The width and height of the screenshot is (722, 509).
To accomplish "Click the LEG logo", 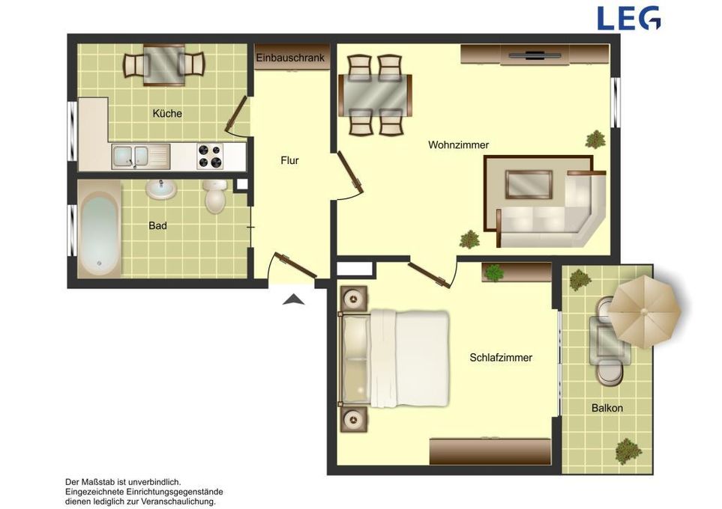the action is pos(629,18).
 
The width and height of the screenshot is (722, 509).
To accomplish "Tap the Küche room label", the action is pos(167,114).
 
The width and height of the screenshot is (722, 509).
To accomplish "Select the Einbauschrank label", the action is pos(291,58).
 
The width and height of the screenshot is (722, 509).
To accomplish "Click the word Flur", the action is pos(289,160).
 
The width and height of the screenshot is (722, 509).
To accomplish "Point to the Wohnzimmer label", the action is pos(459,144).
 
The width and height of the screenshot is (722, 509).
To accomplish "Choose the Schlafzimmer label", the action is pos(501,358).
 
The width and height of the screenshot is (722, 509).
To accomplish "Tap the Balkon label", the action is pos(607,408).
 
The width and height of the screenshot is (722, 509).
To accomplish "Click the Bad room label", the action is pos(157,226).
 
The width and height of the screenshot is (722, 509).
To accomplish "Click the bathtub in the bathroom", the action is pos(99,229).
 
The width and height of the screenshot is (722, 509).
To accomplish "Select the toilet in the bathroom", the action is pos(215,196).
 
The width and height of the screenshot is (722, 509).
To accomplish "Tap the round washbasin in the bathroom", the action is pos(160,189).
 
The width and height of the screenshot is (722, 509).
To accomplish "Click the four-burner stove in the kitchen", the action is pos(210,156).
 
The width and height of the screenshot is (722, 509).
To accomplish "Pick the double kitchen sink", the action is pos(140,156).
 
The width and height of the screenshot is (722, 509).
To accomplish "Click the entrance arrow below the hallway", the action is pos(294,300).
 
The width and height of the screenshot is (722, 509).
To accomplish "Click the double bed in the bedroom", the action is pos(394,359).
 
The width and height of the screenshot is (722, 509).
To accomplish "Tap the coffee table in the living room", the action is pos(529,184).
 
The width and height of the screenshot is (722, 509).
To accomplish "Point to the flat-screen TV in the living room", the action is pos(535,55).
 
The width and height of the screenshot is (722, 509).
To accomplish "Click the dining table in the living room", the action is pos(375,96).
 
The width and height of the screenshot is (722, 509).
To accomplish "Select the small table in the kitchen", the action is pos(164,65).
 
